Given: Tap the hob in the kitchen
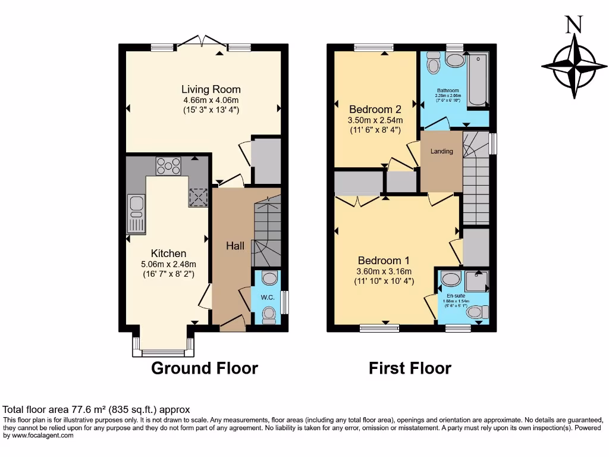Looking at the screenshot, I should point(168,166).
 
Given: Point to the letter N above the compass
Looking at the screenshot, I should point(573,25).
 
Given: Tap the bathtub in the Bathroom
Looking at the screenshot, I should point(478,80).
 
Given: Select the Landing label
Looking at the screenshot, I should point(442,151).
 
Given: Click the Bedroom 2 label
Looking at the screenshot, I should point(375,109).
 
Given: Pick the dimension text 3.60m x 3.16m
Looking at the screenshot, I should point(384,271).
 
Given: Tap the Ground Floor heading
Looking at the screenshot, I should point(205,368).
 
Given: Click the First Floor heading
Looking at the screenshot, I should point(410,368).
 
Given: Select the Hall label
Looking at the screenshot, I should point(236,246).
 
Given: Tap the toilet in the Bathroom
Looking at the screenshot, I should point(433,62).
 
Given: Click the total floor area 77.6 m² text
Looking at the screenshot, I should point(97,409).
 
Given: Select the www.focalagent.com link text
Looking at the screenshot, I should point(39,435).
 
